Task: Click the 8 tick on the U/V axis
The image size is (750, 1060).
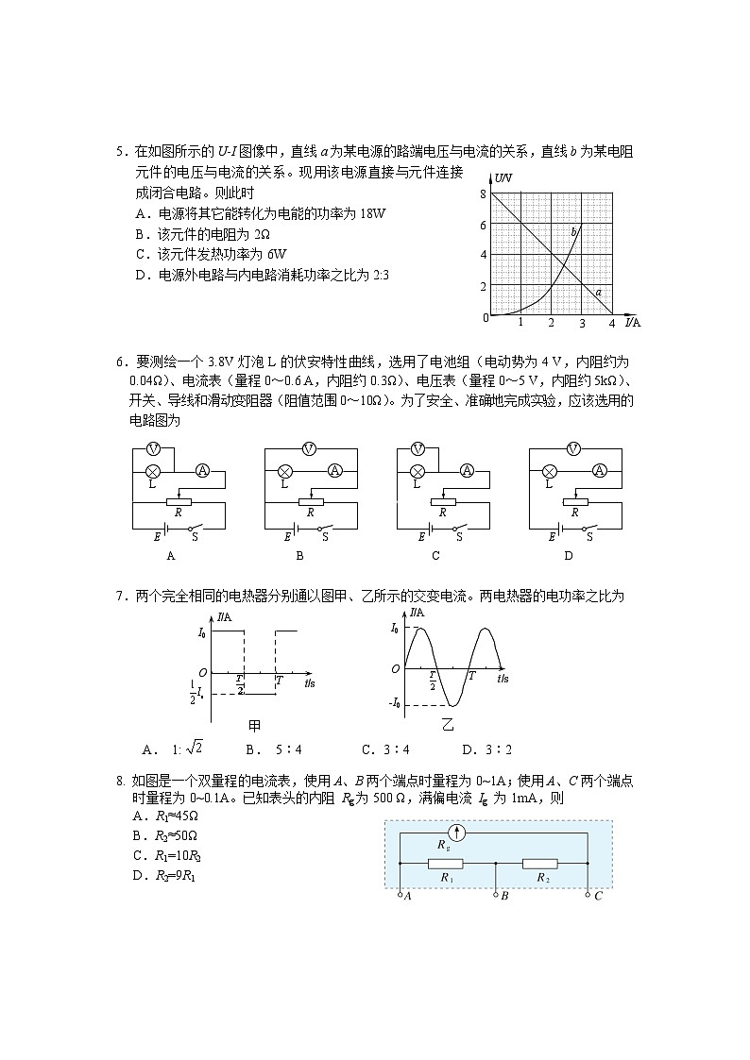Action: [483, 194]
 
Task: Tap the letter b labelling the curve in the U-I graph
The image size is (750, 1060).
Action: [573, 231]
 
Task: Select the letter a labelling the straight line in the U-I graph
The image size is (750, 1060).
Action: [598, 293]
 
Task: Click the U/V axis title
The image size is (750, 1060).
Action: [503, 178]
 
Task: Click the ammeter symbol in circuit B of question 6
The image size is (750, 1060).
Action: [334, 470]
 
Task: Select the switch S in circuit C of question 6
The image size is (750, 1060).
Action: [460, 529]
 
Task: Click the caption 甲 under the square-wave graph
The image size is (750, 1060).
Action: [254, 726]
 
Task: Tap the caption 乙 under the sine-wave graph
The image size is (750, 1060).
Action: [448, 726]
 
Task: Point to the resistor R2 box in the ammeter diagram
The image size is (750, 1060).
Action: [542, 863]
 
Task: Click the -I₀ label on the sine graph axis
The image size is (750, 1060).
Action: [395, 703]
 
